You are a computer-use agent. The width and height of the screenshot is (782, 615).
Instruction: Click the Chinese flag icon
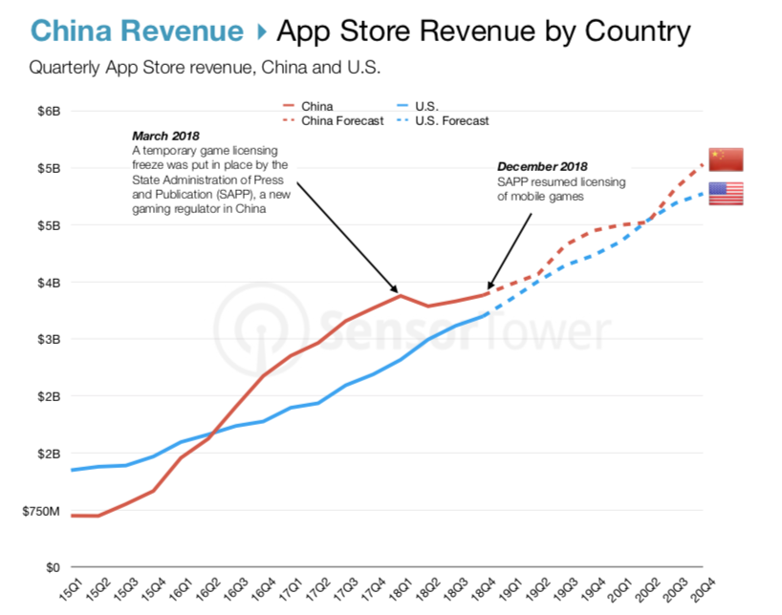click(x=726, y=159)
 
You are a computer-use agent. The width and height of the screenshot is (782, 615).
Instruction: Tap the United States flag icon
click(x=726, y=194)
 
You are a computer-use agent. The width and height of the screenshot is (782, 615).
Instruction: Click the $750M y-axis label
click(x=42, y=512)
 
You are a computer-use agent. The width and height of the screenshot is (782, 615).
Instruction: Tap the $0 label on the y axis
click(x=54, y=567)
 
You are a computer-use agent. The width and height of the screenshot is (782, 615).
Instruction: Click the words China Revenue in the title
click(x=137, y=32)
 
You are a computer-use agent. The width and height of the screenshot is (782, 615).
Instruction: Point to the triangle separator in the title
click(x=261, y=32)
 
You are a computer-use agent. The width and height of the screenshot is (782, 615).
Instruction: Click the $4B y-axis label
click(x=50, y=283)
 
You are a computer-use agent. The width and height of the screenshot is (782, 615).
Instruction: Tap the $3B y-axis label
click(x=50, y=339)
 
